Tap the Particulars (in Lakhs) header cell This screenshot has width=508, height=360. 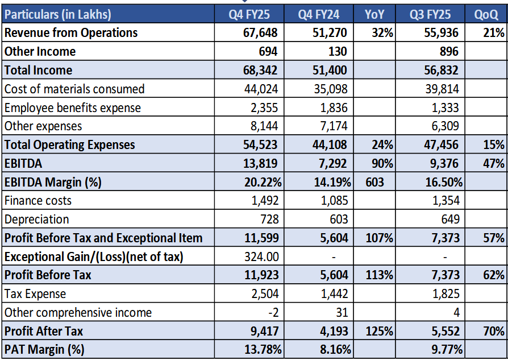(x=58, y=14)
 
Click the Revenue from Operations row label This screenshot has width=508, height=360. (x=71, y=33)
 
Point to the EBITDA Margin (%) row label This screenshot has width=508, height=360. (x=53, y=182)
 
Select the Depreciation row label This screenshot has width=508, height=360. (x=36, y=220)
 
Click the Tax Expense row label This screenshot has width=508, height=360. (x=35, y=294)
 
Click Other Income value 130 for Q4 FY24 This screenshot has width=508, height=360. (x=338, y=52)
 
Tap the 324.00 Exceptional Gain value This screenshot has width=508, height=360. (x=260, y=256)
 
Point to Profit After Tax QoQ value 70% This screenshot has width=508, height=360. (x=494, y=331)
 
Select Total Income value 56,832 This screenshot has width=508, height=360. (x=439, y=71)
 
